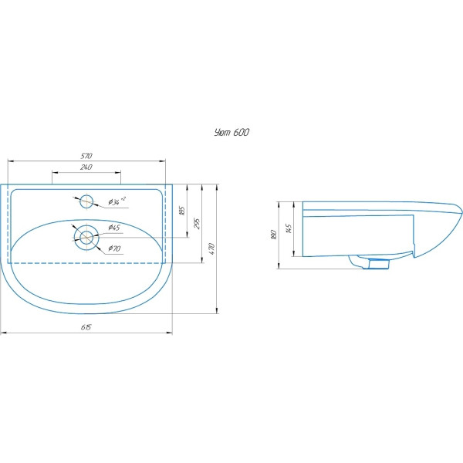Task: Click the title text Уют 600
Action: pos(231,132)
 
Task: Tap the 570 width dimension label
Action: pos(86,156)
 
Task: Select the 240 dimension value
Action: pos(86,167)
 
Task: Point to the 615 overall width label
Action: pos(86,327)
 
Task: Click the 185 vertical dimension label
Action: pos(182,211)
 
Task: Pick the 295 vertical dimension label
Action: pos(198,224)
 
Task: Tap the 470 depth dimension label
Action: pos(211,249)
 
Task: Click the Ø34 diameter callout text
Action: pos(117,201)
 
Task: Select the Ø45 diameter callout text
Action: pos(114,228)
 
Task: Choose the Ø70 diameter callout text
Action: pos(114,248)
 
